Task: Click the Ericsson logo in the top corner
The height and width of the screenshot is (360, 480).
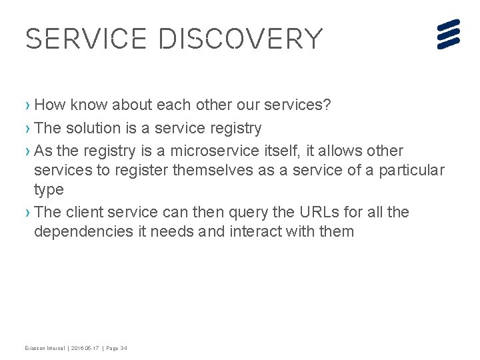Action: pos(449,34)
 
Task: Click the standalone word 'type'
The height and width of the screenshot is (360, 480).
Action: pos(49,190)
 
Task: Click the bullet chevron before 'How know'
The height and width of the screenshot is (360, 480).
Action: pos(28,105)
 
